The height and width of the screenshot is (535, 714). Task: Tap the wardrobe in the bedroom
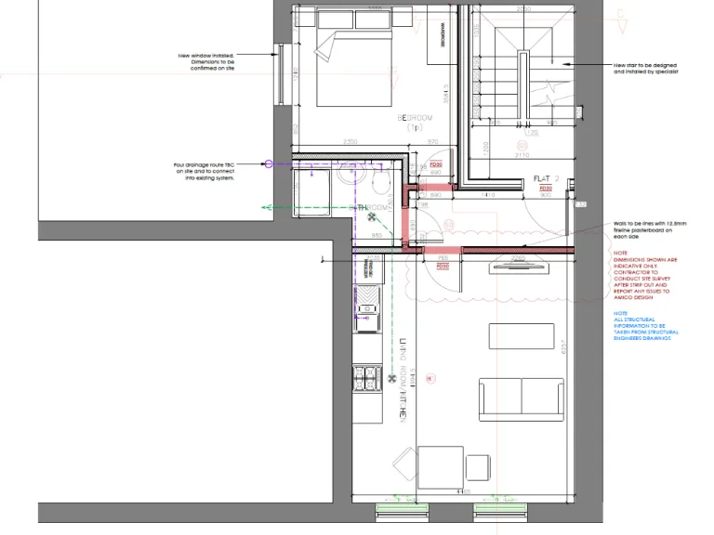[443, 38]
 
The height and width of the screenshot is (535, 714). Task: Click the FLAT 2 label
[546, 178]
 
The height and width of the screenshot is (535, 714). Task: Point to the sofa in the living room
[521, 398]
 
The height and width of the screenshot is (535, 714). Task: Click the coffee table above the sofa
[521, 335]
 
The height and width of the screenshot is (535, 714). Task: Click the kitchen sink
[366, 308]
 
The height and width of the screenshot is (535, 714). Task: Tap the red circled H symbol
[430, 379]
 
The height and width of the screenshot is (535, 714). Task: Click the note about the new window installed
[206, 62]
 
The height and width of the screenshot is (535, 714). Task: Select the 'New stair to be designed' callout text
[644, 68]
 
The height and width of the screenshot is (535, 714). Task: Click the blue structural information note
[646, 326]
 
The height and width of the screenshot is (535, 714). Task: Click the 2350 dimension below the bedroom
[351, 141]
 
